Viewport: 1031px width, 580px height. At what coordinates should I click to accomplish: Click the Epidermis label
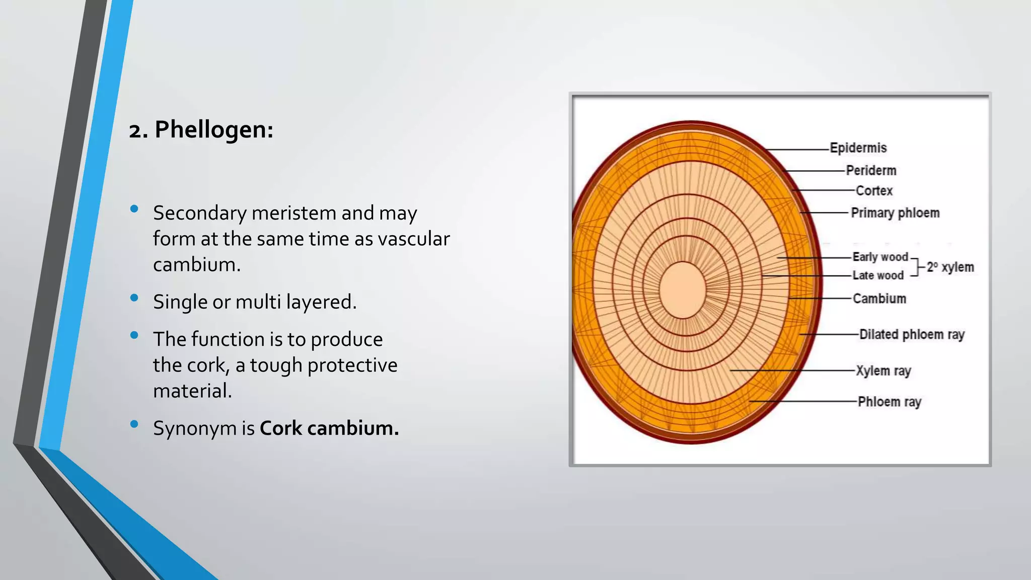click(x=858, y=148)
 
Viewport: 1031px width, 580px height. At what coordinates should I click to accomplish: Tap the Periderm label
click(x=871, y=171)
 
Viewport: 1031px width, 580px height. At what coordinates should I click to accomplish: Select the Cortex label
click(x=874, y=191)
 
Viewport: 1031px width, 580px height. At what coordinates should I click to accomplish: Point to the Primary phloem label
click(x=895, y=213)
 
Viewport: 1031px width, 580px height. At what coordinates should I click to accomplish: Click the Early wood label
click(x=880, y=257)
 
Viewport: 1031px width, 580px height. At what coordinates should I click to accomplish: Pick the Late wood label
click(x=878, y=275)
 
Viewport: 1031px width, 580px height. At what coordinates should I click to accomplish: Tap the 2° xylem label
click(x=950, y=267)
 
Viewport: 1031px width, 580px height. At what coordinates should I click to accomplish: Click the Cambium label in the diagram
click(x=879, y=299)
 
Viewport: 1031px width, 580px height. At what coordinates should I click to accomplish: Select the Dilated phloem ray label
click(x=911, y=335)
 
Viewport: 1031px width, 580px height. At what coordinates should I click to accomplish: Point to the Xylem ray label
click(x=883, y=371)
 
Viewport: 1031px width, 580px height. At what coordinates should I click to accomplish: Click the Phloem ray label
click(x=889, y=402)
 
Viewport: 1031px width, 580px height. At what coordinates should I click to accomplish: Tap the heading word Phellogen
click(x=213, y=130)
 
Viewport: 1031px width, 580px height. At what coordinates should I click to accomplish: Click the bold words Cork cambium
click(x=329, y=428)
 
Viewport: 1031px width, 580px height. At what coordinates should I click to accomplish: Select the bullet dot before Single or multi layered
click(x=134, y=298)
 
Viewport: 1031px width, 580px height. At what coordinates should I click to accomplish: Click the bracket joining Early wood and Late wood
click(x=918, y=266)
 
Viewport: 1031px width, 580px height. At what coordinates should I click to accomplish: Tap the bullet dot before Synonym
click(x=134, y=424)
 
